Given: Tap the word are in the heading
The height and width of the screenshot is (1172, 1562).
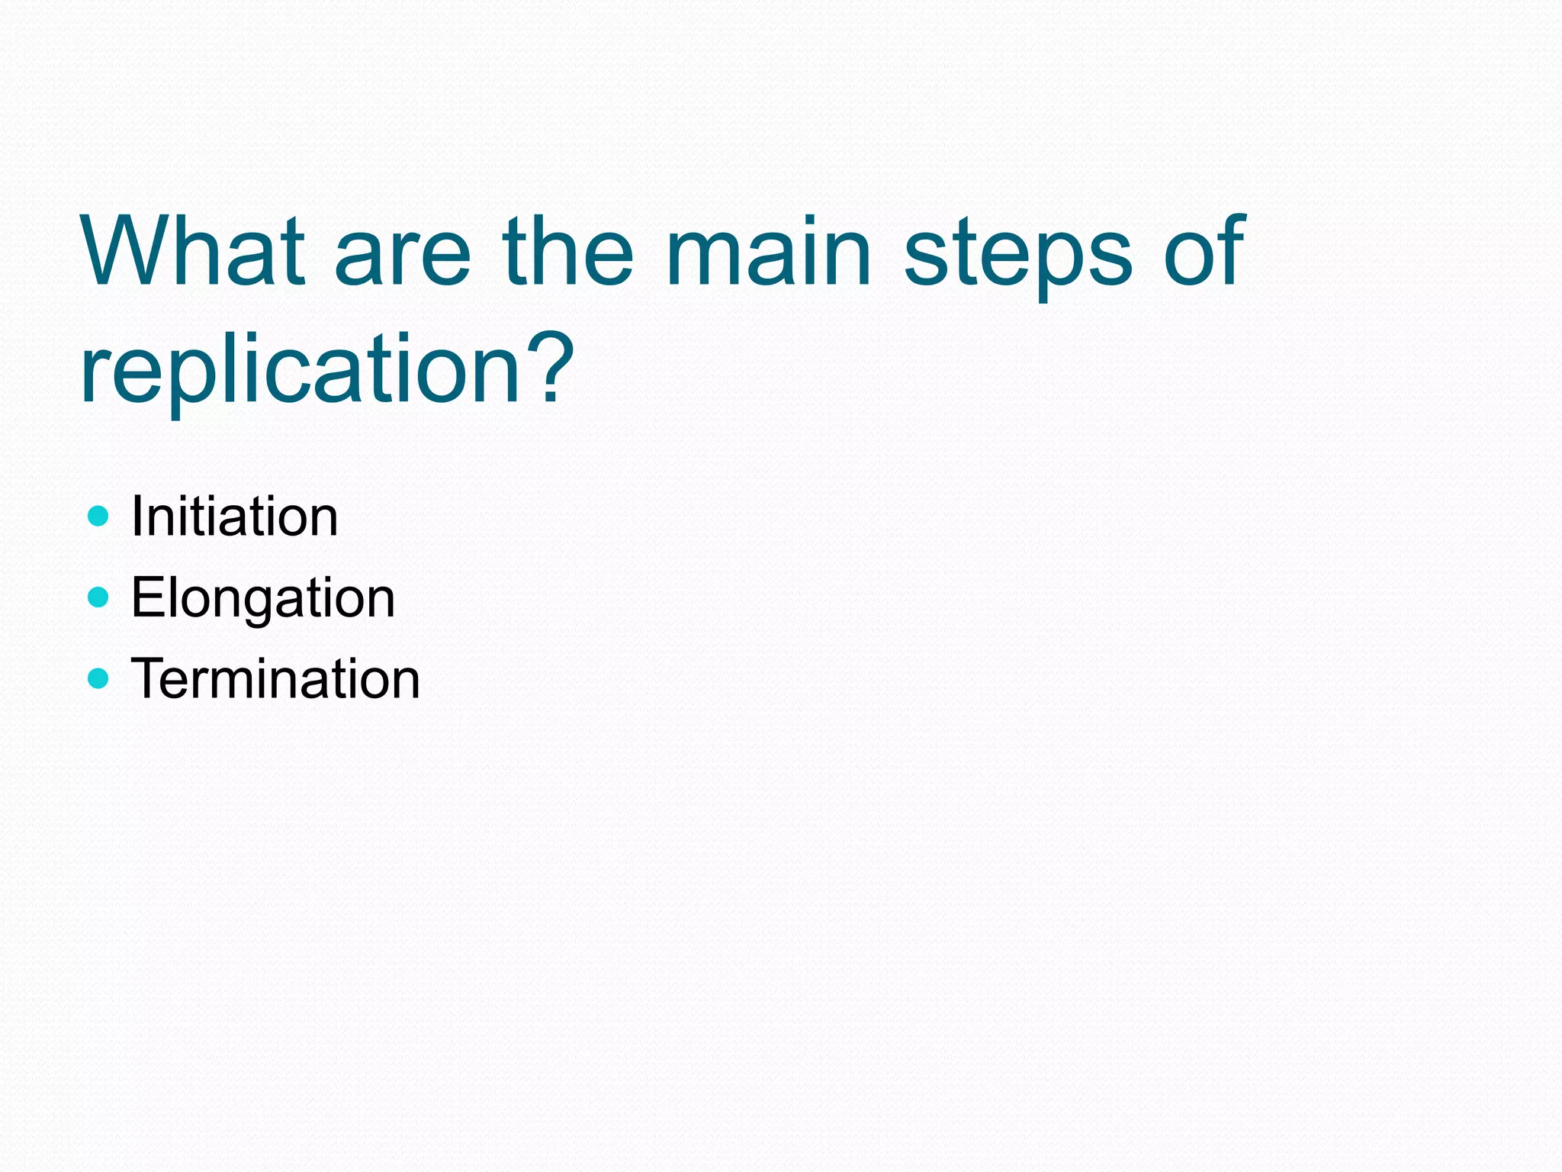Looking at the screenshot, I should coord(403,259).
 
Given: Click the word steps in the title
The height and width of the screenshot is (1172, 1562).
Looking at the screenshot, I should coord(1017,259).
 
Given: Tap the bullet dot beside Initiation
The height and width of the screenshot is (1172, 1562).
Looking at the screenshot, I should coord(98,517).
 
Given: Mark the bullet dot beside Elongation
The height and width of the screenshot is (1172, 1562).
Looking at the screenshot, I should coord(98,597).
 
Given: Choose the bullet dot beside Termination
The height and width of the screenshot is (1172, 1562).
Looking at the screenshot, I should coord(98,678).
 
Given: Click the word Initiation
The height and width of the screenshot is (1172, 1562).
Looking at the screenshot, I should coord(234,517).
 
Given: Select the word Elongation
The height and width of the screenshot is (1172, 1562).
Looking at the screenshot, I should coord(263,598).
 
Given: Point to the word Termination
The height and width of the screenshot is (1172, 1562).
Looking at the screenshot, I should coord(275,678).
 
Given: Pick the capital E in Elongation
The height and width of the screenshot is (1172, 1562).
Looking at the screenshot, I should coord(145,597).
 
